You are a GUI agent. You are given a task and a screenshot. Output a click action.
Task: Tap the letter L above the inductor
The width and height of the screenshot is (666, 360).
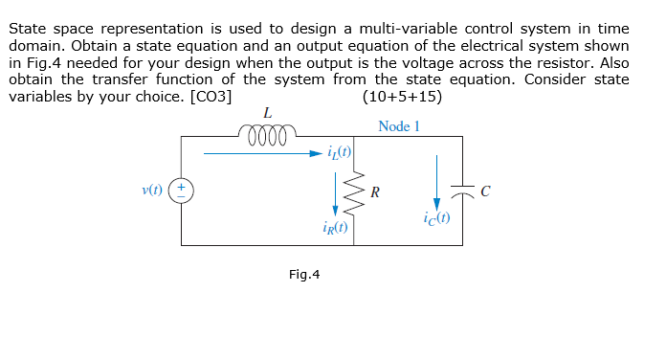click(x=267, y=113)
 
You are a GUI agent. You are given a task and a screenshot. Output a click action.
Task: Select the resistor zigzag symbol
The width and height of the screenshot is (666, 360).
click(x=354, y=191)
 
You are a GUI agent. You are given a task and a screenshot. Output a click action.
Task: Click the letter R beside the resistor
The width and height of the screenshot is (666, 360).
click(x=374, y=191)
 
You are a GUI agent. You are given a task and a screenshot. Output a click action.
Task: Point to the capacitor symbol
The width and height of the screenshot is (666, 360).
click(x=463, y=191)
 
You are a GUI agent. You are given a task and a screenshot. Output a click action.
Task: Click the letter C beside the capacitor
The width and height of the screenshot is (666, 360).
click(x=485, y=191)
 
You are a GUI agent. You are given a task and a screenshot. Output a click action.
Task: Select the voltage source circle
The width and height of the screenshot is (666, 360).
click(x=182, y=191)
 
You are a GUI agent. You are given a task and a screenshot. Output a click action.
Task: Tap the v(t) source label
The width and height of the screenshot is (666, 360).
click(x=151, y=190)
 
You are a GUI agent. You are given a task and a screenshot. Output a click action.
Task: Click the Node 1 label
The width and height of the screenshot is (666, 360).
click(x=399, y=125)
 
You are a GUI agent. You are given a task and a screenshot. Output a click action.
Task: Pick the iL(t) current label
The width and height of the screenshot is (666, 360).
click(x=340, y=151)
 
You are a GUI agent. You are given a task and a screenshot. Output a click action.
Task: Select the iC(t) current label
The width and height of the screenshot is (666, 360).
click(x=435, y=220)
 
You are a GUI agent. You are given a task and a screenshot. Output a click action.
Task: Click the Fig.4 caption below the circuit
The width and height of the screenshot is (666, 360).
click(x=304, y=275)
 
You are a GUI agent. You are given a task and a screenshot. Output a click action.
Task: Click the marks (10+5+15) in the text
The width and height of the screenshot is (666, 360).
click(x=403, y=96)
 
